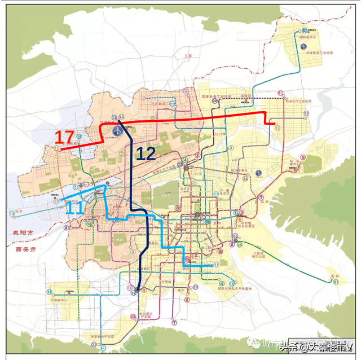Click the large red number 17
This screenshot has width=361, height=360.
(65, 138)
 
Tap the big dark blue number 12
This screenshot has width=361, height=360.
(146, 153)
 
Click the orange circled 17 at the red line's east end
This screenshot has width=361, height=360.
(278, 128)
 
